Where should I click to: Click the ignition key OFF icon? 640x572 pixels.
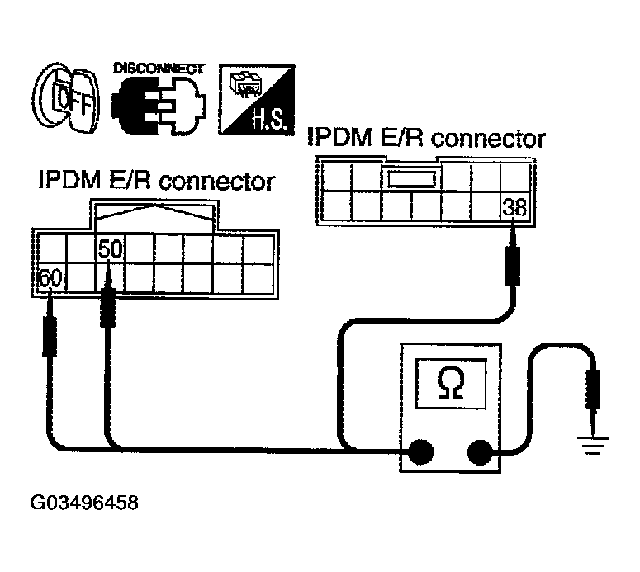pyautogui.click(x=64, y=101)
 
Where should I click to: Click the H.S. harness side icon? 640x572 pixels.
pyautogui.click(x=254, y=101)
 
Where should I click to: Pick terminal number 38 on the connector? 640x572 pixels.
pyautogui.click(x=514, y=208)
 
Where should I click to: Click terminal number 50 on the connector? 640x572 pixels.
pyautogui.click(x=110, y=248)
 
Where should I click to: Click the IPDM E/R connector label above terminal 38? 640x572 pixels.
pyautogui.click(x=426, y=138)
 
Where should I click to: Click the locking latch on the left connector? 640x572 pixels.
pyautogui.click(x=154, y=217)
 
